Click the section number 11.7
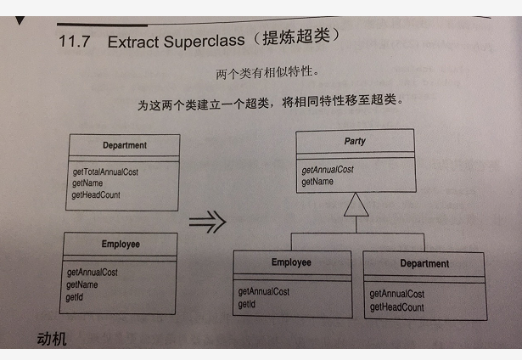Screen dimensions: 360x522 point(75,42)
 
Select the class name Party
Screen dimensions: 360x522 point(355,141)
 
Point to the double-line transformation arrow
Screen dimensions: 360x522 point(208,222)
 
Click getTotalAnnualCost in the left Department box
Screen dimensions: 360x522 point(105,172)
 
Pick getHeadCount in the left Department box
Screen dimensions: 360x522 point(96,194)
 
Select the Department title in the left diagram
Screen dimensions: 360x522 point(124,145)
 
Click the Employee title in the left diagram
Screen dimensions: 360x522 point(121,244)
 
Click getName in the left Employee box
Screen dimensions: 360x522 point(82,284)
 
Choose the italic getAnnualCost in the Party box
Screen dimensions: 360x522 point(328,169)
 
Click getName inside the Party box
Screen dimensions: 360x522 point(317,181)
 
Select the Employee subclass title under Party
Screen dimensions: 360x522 point(291,262)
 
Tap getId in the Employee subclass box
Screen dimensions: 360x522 point(247,304)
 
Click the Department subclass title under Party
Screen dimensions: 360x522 point(424,264)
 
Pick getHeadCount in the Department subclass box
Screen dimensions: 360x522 point(397,307)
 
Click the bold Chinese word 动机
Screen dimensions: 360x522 point(52,340)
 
